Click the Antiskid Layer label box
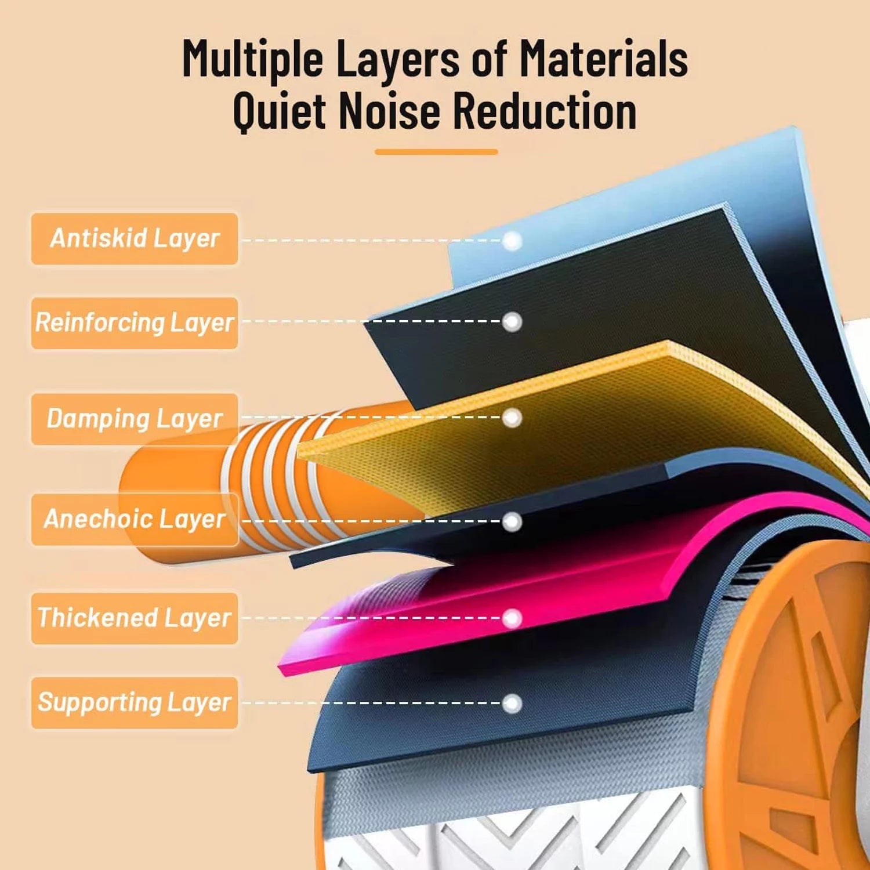coord(135,238)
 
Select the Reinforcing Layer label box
coord(135,323)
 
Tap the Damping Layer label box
coord(135,419)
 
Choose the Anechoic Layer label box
coord(135,519)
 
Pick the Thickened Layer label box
coord(135,618)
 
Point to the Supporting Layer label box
coord(135,702)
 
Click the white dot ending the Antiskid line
coord(512,241)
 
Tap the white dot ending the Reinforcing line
coord(512,322)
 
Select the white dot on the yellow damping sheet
coord(512,418)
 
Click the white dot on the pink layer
coord(512,618)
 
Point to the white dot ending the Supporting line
coord(512,704)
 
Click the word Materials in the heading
coord(603,59)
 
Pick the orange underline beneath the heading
coord(436,152)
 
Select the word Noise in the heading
coord(389,110)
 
